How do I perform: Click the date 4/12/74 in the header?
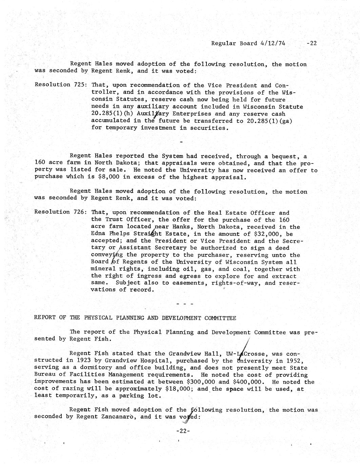273,43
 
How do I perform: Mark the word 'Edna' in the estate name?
98,234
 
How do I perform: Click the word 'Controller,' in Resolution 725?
105,92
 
